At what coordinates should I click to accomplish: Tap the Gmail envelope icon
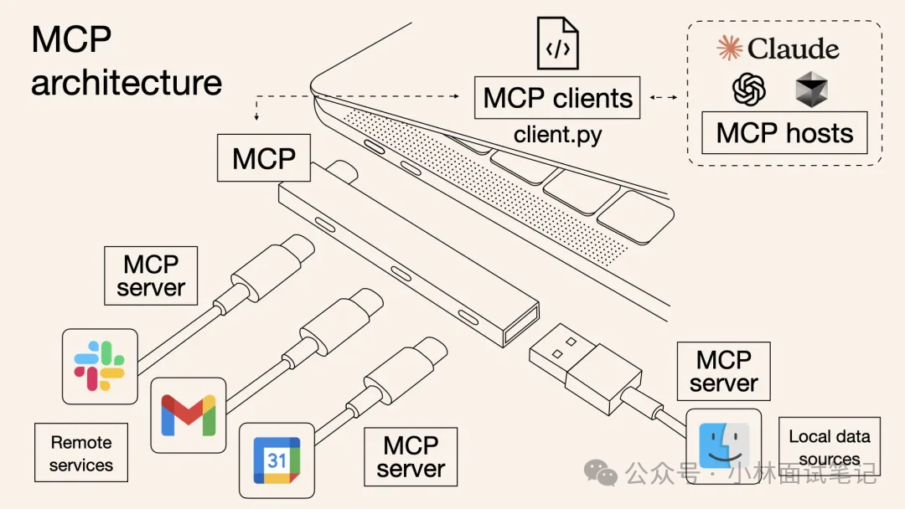click(x=188, y=414)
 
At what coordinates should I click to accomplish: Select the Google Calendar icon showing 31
click(x=277, y=460)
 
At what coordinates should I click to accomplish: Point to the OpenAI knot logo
click(x=749, y=88)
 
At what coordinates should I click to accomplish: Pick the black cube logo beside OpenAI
click(x=811, y=89)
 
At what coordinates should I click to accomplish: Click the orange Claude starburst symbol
click(x=730, y=49)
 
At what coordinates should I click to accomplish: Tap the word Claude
click(x=793, y=49)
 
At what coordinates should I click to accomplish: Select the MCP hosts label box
click(x=784, y=133)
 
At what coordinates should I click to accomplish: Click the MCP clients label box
click(x=558, y=98)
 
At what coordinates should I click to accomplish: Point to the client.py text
click(x=558, y=134)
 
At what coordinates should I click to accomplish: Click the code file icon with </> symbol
click(x=558, y=44)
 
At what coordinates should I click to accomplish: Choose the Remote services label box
click(x=81, y=453)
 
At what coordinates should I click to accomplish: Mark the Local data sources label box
click(x=829, y=447)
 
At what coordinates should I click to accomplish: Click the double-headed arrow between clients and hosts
click(x=664, y=98)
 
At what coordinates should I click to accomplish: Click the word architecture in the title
click(x=127, y=83)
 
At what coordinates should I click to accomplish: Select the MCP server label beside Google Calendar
click(x=411, y=457)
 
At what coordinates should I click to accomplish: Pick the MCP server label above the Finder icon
click(x=723, y=372)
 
